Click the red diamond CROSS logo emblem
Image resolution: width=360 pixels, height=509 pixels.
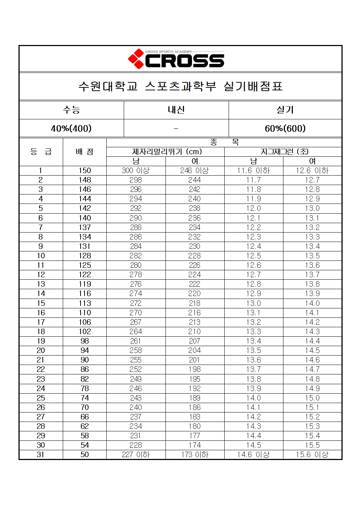click(136, 59)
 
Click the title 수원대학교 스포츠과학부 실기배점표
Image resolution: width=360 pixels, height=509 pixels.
click(180, 86)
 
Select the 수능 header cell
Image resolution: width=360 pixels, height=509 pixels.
click(71, 110)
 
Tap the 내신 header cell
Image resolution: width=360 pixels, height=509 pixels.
click(176, 110)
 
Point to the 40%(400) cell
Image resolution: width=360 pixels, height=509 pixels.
click(71, 128)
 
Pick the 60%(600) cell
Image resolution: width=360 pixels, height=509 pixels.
click(285, 128)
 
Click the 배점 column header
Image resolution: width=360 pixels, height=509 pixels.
click(85, 152)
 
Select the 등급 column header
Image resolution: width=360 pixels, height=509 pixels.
click(41, 152)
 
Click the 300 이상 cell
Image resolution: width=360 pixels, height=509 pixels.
click(136, 171)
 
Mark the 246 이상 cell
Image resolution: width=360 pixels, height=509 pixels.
click(195, 171)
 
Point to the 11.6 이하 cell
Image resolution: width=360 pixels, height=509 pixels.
click(253, 171)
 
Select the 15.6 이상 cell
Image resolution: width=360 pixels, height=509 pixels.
click(312, 455)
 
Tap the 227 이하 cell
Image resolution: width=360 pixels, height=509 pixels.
click(136, 455)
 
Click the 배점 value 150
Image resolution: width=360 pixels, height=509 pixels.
click(85, 171)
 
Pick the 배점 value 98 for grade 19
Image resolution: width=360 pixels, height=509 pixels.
click(85, 341)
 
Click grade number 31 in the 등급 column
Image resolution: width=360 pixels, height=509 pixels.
click(41, 455)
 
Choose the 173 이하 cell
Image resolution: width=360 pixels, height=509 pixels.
click(195, 455)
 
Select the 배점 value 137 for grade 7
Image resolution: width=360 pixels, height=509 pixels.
click(85, 227)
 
